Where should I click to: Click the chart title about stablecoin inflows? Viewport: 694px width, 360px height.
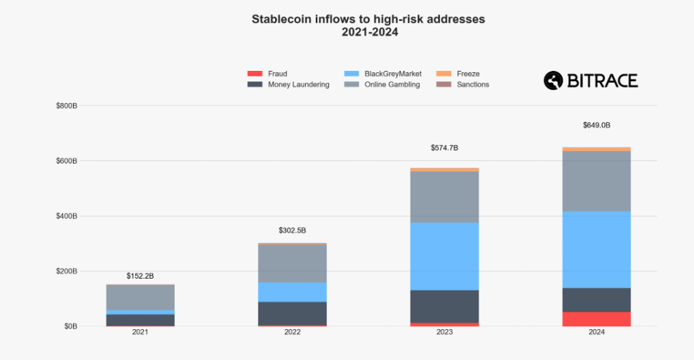pos(368,25)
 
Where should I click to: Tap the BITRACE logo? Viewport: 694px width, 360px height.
pos(591,81)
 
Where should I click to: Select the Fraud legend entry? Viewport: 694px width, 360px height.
pos(277,74)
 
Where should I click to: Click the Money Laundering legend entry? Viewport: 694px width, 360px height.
pos(298,85)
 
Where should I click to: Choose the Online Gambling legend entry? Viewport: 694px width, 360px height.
pos(392,85)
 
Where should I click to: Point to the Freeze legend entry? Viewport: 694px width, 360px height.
pos(467,74)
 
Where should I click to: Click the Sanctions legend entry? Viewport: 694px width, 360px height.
pos(472,85)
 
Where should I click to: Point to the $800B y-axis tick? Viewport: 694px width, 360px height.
pos(66,106)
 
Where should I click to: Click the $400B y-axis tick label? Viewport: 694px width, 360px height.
pos(66,216)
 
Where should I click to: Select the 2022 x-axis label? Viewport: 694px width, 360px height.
pos(293,332)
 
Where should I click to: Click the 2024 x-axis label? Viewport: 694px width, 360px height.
pos(596,332)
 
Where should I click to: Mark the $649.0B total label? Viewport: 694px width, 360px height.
pos(596,126)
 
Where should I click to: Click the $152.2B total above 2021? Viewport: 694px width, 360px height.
pos(140,276)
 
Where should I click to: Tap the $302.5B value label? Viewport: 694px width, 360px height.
pos(293,230)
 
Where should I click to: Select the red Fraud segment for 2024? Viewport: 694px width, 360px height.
pos(596,319)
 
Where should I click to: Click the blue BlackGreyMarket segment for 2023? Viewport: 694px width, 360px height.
pos(444,256)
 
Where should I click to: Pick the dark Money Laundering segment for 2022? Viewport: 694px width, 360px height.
pos(293,313)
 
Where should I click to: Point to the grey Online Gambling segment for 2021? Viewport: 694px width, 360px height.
pos(140,298)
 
